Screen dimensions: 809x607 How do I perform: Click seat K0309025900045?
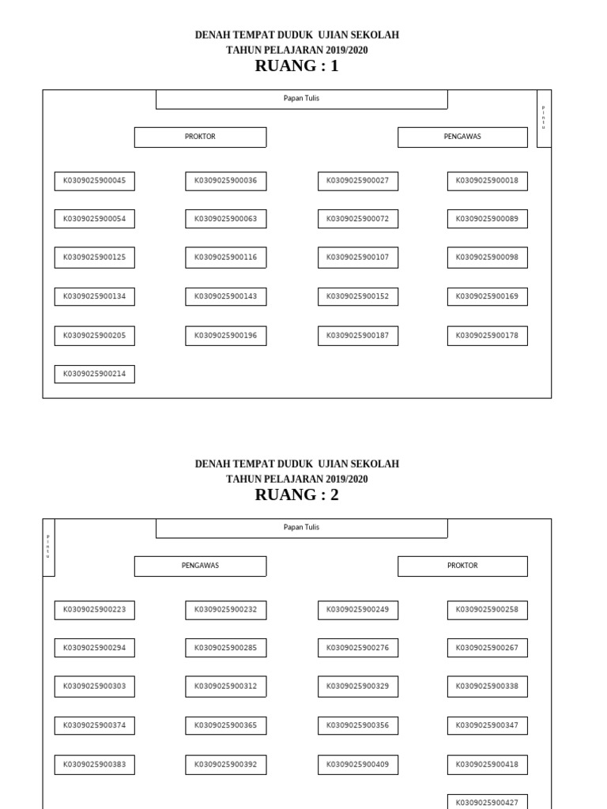[x=94, y=181]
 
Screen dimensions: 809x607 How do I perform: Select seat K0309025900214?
[x=94, y=374]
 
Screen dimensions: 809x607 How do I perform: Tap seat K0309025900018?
[x=487, y=181]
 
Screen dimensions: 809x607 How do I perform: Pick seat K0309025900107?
[x=357, y=258]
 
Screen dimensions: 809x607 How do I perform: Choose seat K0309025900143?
[x=225, y=297]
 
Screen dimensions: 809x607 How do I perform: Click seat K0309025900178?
[x=487, y=336]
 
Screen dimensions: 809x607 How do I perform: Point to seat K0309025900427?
[x=487, y=802]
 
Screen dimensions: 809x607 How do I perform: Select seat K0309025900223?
[x=94, y=610]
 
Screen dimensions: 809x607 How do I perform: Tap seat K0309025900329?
[x=357, y=687]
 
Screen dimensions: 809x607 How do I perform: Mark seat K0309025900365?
[x=225, y=725]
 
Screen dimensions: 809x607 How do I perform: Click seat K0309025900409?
[x=357, y=765]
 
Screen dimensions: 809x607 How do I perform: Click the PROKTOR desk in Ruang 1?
[x=200, y=137]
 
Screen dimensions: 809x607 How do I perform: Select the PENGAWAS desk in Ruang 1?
[x=462, y=137]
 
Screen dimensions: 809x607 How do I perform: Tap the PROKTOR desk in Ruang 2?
[x=462, y=566]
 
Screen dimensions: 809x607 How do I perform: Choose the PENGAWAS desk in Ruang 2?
[x=200, y=566]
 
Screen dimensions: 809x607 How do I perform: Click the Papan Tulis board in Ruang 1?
[x=301, y=99]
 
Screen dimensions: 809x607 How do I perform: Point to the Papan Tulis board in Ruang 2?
[x=301, y=528]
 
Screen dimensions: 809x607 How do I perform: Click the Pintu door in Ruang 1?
[x=543, y=118]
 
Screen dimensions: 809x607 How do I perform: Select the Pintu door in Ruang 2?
[x=48, y=546]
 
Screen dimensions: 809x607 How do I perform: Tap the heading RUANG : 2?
[x=296, y=495]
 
